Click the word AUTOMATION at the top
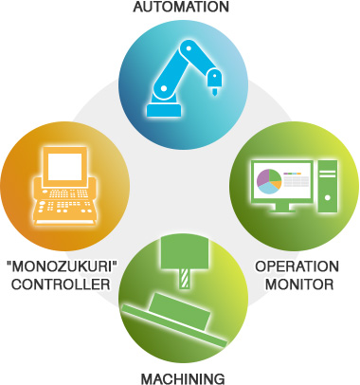pyautogui.click(x=180, y=8)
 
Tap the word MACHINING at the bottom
pyautogui.click(x=180, y=377)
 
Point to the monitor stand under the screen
pyautogui.click(x=281, y=207)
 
